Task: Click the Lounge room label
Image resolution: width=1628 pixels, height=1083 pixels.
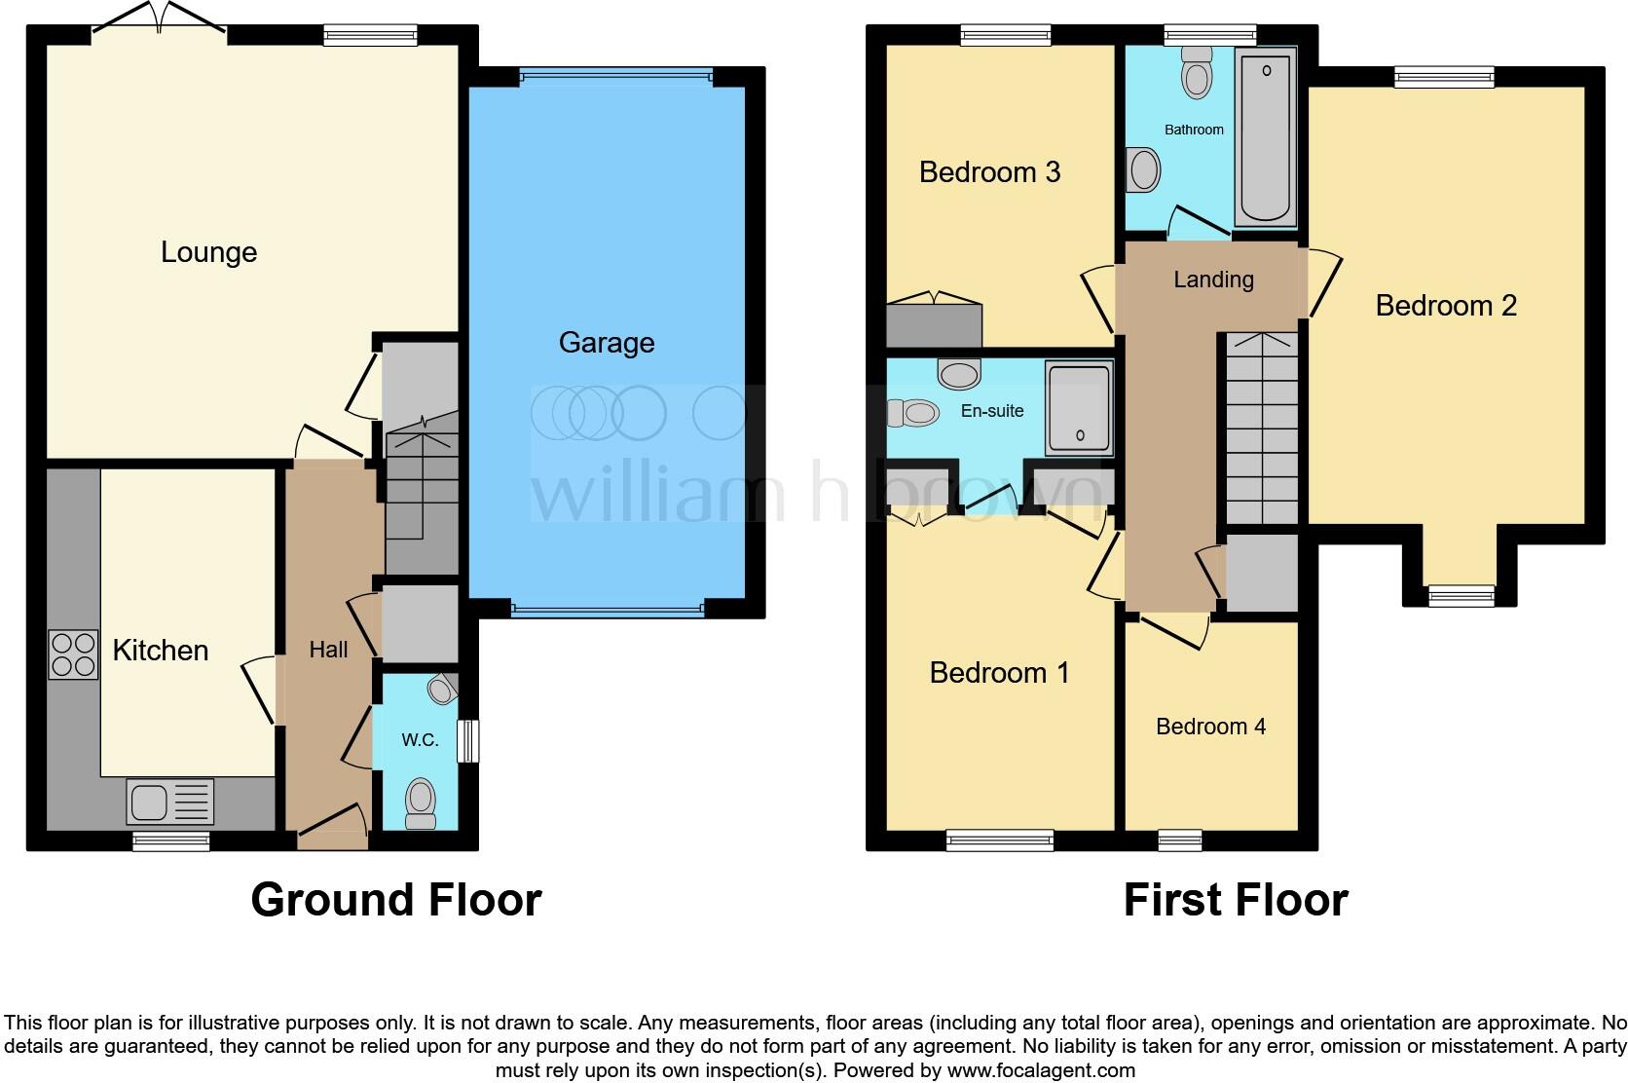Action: (208, 252)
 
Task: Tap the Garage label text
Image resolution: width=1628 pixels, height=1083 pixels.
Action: (606, 343)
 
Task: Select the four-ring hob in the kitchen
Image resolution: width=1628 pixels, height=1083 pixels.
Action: (74, 654)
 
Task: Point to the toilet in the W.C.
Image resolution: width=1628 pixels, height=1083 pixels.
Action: (421, 802)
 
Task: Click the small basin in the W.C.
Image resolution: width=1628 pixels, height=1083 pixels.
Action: (443, 690)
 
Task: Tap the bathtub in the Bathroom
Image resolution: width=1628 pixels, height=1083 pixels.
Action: (1266, 136)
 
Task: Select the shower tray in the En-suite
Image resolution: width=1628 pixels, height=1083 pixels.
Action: (1079, 409)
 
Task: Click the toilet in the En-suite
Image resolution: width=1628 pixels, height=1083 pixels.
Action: (913, 413)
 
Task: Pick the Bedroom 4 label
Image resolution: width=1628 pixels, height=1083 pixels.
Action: (1210, 727)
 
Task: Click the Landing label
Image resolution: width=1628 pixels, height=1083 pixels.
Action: (1212, 280)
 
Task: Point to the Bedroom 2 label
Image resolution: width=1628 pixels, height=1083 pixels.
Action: (1445, 306)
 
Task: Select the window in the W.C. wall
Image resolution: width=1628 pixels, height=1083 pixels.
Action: (468, 740)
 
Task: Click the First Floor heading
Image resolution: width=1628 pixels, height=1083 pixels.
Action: (1235, 900)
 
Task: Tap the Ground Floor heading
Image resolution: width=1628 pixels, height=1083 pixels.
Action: (395, 900)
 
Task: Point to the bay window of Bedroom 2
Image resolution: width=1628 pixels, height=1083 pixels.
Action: (1461, 594)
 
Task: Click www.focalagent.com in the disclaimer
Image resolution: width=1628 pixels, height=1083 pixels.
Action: (1041, 1070)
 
